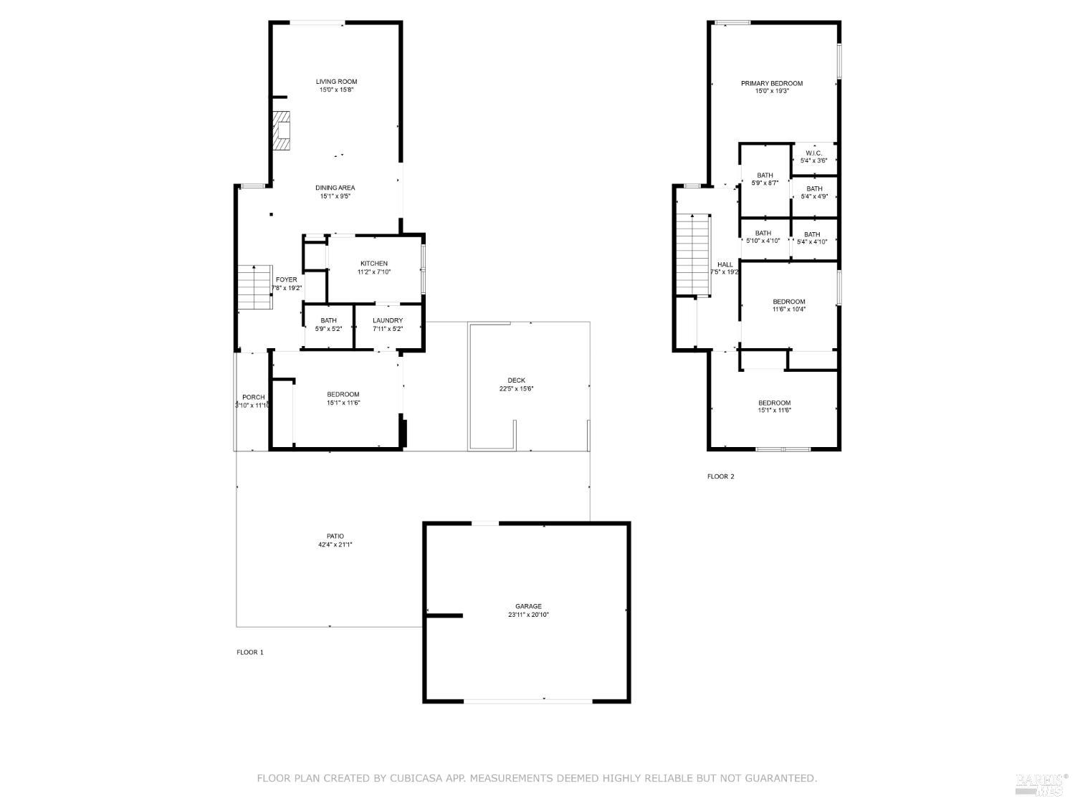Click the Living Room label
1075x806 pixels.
[336, 82]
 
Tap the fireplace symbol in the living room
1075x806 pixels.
[282, 130]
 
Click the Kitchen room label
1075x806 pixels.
[374, 264]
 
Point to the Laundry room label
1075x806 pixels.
[388, 320]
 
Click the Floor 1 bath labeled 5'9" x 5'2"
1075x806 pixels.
[329, 325]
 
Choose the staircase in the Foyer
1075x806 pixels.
[255, 287]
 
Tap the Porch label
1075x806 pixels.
[253, 397]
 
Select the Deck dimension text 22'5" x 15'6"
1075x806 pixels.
[516, 389]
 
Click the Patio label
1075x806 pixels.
[335, 536]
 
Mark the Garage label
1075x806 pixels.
[528, 606]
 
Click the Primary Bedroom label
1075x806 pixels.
[771, 83]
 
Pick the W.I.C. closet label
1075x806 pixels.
[813, 153]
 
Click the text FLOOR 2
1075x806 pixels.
[720, 476]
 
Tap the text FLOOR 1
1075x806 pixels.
[250, 652]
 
